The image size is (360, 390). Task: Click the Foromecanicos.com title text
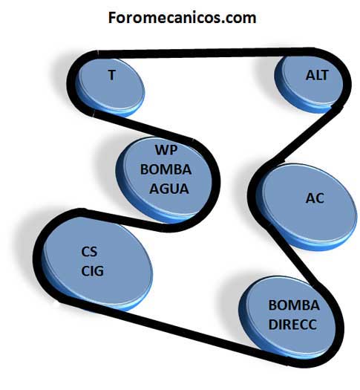[182, 18]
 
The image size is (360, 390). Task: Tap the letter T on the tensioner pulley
[112, 75]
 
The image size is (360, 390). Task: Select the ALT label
[317, 75]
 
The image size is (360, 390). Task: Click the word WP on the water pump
[166, 150]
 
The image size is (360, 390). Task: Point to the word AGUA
[169, 189]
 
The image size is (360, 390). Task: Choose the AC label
[315, 198]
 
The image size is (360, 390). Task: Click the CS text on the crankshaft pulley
[89, 252]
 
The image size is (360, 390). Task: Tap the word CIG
[92, 271]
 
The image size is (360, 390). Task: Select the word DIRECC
[292, 325]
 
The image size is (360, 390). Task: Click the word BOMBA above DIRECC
[294, 305]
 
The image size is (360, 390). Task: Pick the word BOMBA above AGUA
[166, 169]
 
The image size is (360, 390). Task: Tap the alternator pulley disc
[309, 84]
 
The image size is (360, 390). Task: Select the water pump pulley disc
[165, 180]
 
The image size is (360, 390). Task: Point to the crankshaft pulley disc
[97, 264]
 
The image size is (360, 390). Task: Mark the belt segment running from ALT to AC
[302, 135]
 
